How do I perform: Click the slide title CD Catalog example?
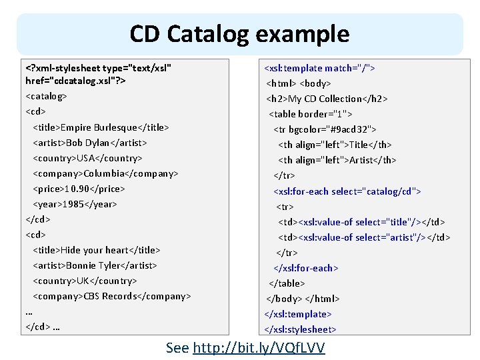point(239,33)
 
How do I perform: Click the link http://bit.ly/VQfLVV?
point(259,347)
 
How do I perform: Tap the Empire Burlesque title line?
point(101,127)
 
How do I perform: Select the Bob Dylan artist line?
point(90,142)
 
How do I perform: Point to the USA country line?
point(87,158)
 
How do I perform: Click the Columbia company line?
point(105,173)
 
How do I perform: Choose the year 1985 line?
point(75,204)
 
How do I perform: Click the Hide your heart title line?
point(97,250)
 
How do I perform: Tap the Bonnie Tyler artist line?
point(95,265)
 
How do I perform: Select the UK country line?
point(85,281)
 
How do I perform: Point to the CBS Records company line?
point(112,296)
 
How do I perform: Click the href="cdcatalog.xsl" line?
point(76,81)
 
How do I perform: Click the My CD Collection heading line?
point(327,99)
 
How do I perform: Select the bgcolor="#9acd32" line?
point(325,129)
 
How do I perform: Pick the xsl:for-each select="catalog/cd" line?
point(347,191)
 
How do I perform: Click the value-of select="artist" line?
point(364,237)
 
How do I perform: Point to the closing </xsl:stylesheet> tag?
point(300,329)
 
